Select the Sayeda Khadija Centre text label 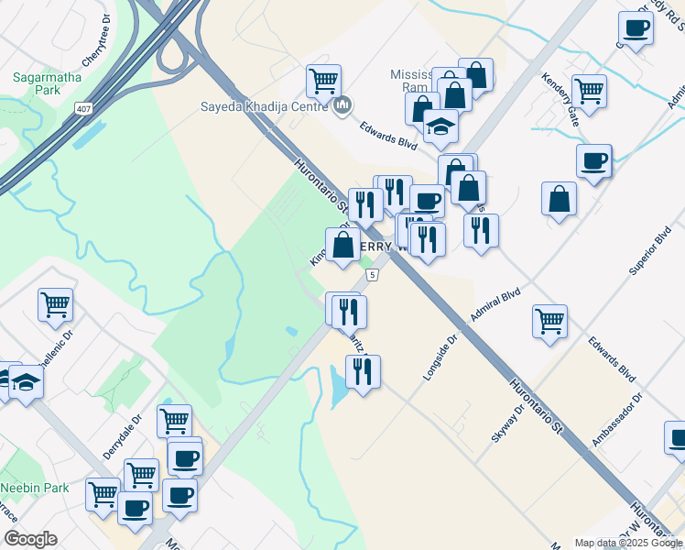[266, 104]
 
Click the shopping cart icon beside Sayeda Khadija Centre [323, 81]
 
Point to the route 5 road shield [372, 275]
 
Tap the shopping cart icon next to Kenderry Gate [589, 90]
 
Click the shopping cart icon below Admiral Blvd [549, 321]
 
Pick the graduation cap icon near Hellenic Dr [25, 381]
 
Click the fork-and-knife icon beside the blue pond [363, 370]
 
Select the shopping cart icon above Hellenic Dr [55, 303]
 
